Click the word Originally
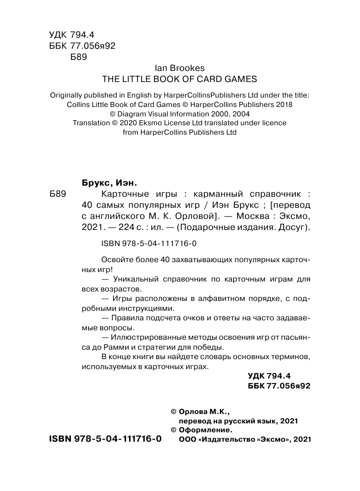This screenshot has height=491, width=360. pos(69,95)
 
